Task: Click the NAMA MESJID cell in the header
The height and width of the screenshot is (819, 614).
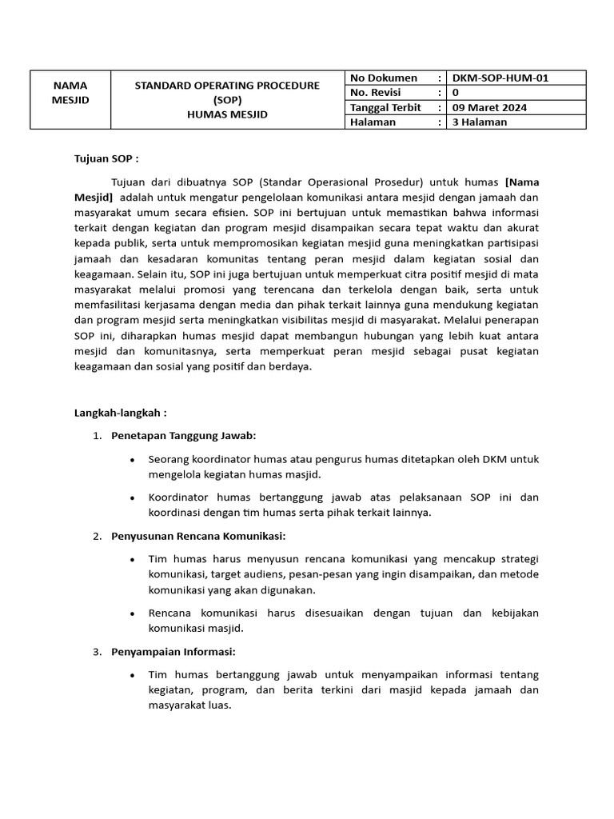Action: pyautogui.click(x=70, y=92)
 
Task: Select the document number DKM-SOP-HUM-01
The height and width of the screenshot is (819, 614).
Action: pyautogui.click(x=500, y=78)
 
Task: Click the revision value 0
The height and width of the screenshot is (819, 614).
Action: pyautogui.click(x=456, y=93)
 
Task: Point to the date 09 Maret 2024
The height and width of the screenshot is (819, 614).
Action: pyautogui.click(x=489, y=107)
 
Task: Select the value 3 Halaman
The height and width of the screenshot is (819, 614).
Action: pyautogui.click(x=480, y=122)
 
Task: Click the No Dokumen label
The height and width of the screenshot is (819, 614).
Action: pyautogui.click(x=384, y=78)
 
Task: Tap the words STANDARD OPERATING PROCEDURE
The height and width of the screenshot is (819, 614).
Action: pyautogui.click(x=227, y=85)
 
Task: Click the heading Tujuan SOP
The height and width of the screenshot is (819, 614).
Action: pyautogui.click(x=106, y=158)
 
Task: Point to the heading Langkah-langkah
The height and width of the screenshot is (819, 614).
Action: pyautogui.click(x=120, y=413)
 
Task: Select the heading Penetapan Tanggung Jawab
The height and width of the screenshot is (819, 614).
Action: pyautogui.click(x=183, y=436)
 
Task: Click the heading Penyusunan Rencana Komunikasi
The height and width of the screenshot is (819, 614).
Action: pyautogui.click(x=198, y=535)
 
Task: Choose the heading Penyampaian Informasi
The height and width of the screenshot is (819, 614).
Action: pyautogui.click(x=173, y=651)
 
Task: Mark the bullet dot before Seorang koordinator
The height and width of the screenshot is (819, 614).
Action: pyautogui.click(x=131, y=460)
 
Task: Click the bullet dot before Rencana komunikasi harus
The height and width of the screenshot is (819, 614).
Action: pyautogui.click(x=131, y=613)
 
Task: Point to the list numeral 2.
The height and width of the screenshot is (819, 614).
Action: pyautogui.click(x=96, y=536)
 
